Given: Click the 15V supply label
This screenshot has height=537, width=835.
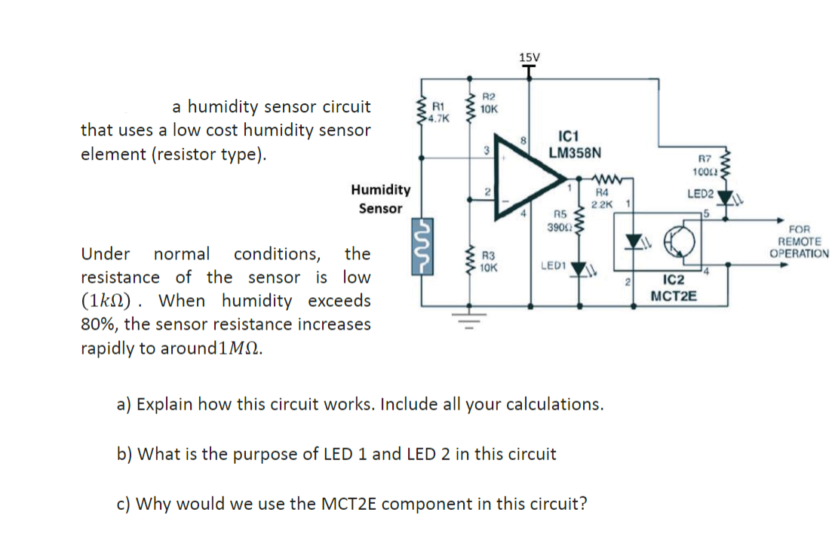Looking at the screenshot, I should (x=530, y=57).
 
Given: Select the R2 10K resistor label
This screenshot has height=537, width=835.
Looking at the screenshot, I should (x=488, y=103).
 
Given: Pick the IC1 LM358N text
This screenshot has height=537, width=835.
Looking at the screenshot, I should (x=575, y=144).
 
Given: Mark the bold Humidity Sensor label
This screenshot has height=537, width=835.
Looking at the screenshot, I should (x=381, y=199).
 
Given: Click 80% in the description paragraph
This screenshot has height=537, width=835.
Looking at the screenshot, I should (x=97, y=325).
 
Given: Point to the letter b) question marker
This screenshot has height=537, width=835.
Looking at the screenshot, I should (x=125, y=454).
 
